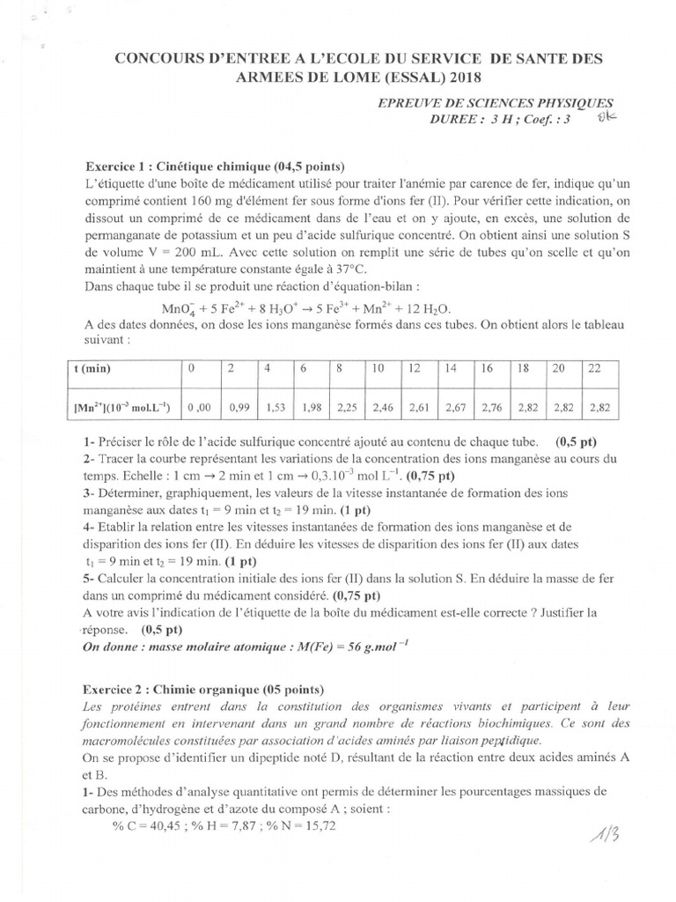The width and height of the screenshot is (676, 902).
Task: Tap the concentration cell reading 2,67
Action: [x=454, y=407]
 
